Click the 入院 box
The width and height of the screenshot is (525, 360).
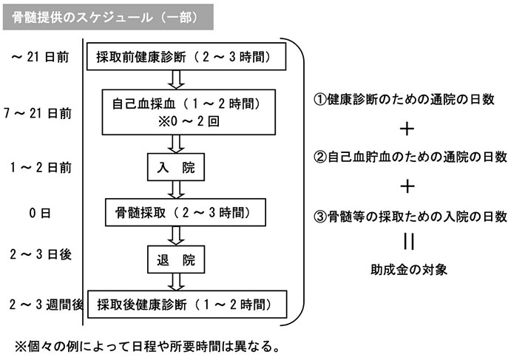(176, 168)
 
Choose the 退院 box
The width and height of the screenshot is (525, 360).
(176, 259)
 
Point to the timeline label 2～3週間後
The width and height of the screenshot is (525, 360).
(42, 304)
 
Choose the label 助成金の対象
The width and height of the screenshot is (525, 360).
(409, 270)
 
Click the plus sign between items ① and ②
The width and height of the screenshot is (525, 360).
(407, 129)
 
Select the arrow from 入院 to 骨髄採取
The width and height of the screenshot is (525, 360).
(176, 191)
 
